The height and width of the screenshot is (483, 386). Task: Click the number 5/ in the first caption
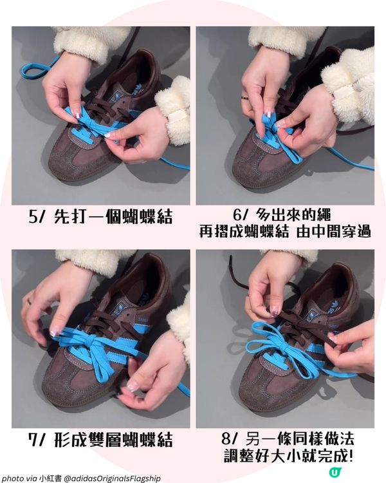tap(37, 217)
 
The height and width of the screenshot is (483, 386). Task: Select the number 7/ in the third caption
tap(37, 440)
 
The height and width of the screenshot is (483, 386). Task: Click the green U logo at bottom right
tap(334, 472)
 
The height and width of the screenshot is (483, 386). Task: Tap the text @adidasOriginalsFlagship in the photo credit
tap(112, 478)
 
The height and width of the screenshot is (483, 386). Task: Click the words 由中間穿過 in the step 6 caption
tap(333, 232)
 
